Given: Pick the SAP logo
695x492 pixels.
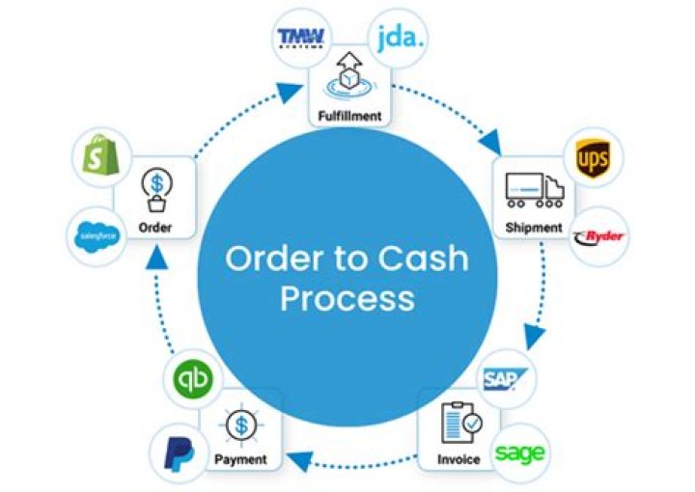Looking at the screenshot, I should tap(502, 378).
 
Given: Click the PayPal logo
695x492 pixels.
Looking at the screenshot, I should tap(177, 451).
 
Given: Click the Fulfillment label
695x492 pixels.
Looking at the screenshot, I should tap(349, 118).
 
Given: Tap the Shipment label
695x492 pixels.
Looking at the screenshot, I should tap(533, 228).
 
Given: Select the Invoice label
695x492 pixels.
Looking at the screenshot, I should tap(458, 459).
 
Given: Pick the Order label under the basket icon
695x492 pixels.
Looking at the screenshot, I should tap(154, 228).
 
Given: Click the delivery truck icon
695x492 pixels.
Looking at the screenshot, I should tap(534, 191).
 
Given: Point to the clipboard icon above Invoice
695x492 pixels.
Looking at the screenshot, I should tap(460, 422).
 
